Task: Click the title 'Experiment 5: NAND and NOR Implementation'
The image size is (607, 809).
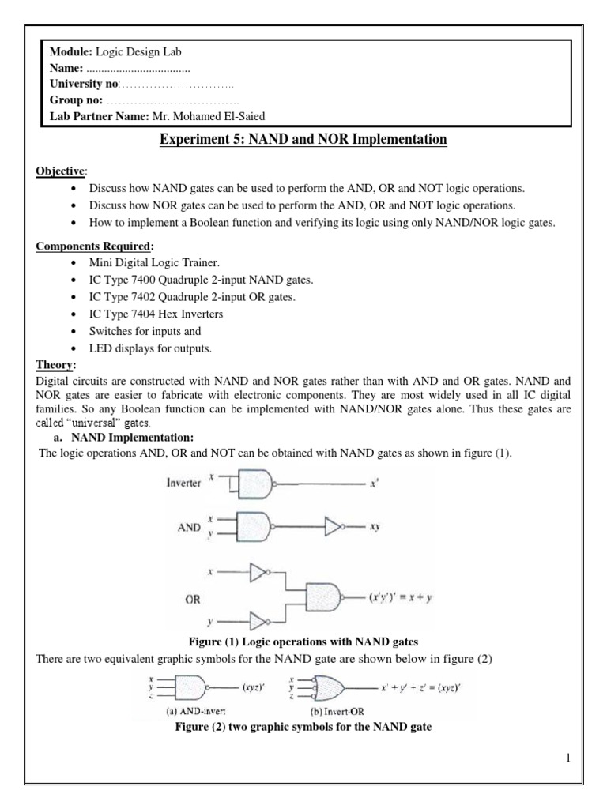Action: [x=304, y=140]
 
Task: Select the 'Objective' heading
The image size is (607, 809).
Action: [x=62, y=172]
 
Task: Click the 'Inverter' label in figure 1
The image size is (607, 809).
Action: [x=183, y=483]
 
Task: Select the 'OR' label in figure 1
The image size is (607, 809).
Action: [x=192, y=598]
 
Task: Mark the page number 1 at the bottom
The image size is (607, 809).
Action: [x=567, y=759]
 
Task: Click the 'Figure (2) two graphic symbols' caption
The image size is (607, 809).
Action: [x=303, y=726]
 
